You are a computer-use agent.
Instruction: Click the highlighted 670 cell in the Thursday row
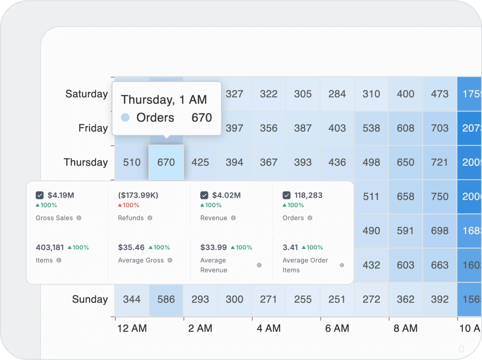tap(166, 162)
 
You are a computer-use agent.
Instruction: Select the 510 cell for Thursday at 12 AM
tap(132, 162)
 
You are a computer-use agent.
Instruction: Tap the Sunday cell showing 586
tap(166, 299)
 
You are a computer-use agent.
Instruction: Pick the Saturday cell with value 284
tap(337, 94)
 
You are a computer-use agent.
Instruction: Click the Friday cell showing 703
tap(439, 128)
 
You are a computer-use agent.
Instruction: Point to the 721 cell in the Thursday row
tap(439, 162)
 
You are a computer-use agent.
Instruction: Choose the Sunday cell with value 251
tap(337, 299)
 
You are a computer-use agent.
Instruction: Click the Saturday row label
tap(86, 94)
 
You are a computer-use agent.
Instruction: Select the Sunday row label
tap(90, 299)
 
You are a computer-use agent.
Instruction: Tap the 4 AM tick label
tap(269, 328)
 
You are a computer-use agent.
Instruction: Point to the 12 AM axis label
tap(132, 328)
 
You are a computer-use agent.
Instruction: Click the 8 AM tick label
tap(405, 328)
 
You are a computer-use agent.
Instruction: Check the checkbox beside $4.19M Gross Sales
tap(40, 195)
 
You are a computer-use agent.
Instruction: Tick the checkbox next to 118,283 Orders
tap(286, 195)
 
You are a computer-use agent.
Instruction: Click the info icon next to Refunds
tap(150, 218)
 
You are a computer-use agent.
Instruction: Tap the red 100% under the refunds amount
tap(129, 205)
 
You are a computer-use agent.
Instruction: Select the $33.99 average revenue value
tap(213, 247)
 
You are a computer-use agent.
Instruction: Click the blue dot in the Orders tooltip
tap(125, 118)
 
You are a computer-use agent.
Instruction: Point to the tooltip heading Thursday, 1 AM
tap(164, 99)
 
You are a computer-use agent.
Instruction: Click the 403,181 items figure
tap(50, 247)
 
